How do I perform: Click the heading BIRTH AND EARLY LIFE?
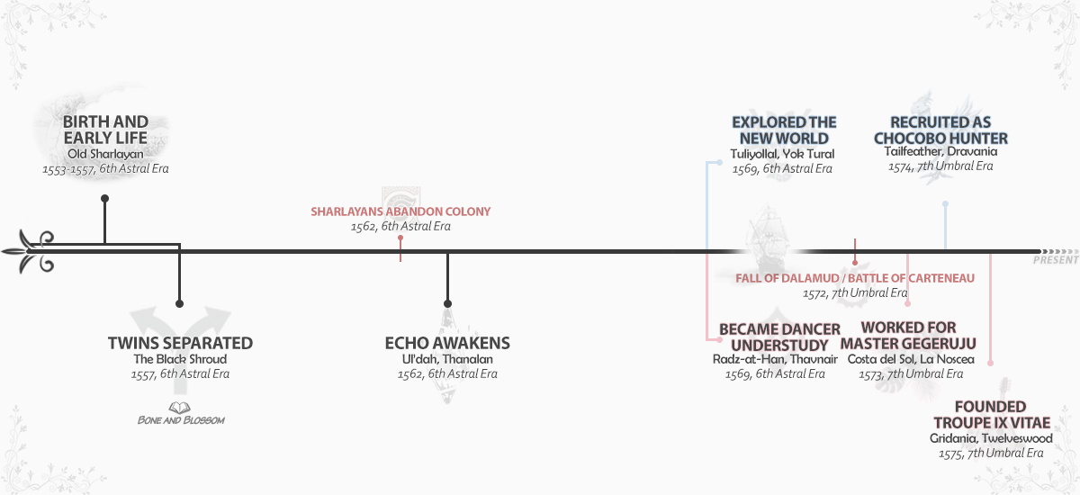[x=105, y=130]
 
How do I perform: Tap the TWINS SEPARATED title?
[x=180, y=343]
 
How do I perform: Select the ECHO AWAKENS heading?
[x=447, y=343]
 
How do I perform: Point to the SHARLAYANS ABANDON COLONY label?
[x=400, y=211]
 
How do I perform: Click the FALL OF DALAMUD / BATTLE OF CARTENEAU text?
[x=855, y=278]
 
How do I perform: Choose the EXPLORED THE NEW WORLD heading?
[x=784, y=130]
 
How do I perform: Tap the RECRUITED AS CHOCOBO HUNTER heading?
[x=940, y=130]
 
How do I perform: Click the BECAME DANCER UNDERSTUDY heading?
[x=779, y=336]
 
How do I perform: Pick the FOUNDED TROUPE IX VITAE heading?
[x=990, y=415]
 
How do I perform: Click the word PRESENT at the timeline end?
[x=1056, y=260]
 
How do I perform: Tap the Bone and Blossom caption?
[x=181, y=420]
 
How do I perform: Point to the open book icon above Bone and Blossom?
[x=180, y=408]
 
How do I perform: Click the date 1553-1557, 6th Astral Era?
[x=105, y=168]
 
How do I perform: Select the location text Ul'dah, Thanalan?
[x=447, y=359]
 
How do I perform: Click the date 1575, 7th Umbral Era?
[x=990, y=454]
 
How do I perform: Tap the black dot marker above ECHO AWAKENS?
[x=447, y=303]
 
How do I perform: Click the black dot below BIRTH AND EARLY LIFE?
[x=105, y=198]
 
